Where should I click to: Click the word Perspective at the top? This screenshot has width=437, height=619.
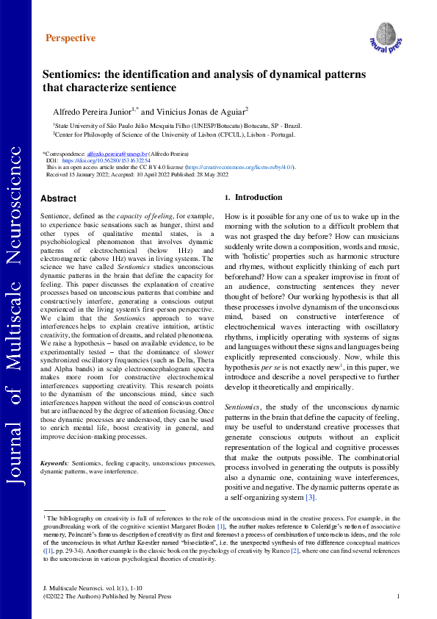[71, 38]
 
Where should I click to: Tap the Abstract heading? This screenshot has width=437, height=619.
[58, 198]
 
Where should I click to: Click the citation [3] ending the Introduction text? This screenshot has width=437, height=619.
[311, 498]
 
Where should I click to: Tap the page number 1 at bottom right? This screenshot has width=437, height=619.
[397, 596]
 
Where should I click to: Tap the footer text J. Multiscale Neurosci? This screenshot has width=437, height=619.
[66, 589]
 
